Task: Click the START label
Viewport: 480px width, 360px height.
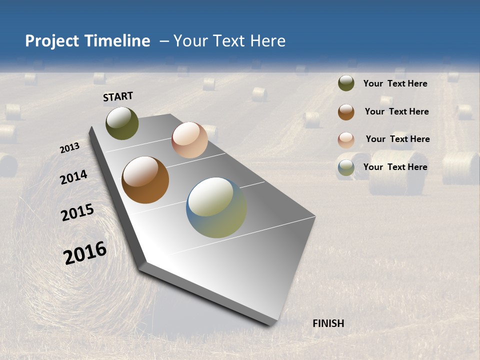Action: point(118,96)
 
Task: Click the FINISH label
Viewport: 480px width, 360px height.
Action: point(328,323)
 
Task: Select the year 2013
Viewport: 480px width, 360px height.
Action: point(69,148)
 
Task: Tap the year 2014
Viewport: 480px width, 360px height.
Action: point(73,177)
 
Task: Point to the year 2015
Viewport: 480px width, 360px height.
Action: point(77,212)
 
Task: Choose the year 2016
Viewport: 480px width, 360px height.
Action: point(85,253)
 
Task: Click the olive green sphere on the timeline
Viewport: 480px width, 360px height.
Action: point(122,123)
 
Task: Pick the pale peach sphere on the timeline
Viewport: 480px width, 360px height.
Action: point(189,140)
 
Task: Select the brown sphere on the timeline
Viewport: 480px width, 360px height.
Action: point(145,180)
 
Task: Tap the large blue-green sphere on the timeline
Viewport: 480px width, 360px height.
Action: point(216,207)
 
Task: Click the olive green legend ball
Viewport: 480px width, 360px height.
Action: point(346,83)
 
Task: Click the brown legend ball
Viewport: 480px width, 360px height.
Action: point(346,111)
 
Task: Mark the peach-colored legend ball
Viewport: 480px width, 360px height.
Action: point(346,139)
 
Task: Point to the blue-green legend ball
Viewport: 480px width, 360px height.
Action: point(346,168)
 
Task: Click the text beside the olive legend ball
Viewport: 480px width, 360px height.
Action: point(395,83)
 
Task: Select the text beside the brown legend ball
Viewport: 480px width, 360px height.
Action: point(396,111)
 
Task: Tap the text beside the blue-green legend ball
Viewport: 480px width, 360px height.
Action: point(395,167)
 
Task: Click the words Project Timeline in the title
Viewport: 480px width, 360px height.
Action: point(87,41)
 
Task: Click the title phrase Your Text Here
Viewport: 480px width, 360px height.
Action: point(229,41)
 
